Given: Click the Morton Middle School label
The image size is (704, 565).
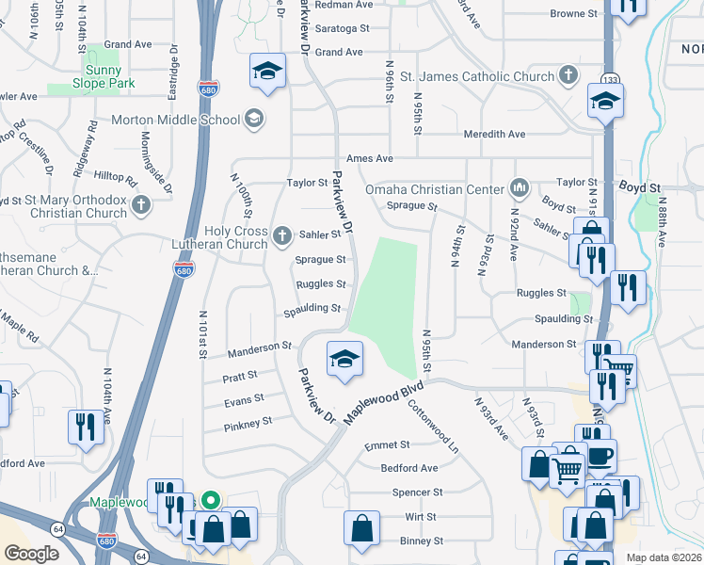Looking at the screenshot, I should (176, 120).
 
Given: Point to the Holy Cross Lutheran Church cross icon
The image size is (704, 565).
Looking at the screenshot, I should (281, 234).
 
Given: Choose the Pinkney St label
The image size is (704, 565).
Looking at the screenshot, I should (248, 426).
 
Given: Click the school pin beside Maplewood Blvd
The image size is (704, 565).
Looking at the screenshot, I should (344, 359).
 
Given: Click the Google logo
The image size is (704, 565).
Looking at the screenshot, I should (30, 554).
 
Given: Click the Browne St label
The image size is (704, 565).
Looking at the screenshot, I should (574, 14).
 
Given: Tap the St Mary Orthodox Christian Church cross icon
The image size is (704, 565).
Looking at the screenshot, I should (141, 204).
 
